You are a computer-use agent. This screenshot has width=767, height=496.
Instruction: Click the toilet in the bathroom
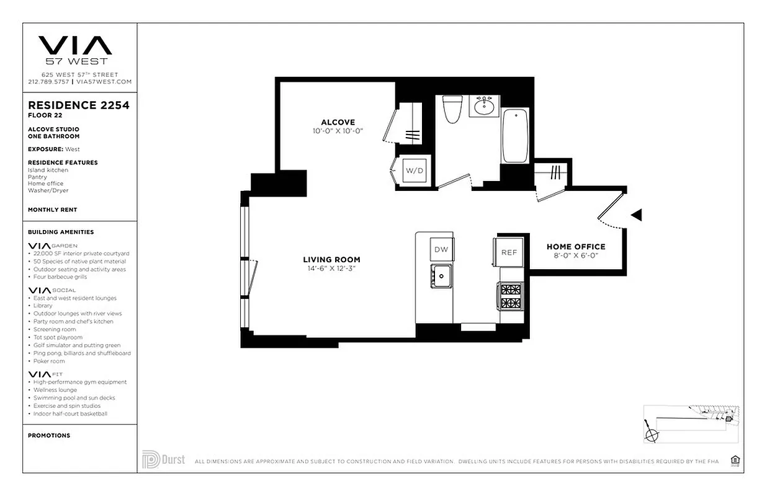[451, 110]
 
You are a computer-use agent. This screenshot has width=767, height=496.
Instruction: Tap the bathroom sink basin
[484, 107]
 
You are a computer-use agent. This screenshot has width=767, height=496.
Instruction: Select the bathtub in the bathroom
[515, 136]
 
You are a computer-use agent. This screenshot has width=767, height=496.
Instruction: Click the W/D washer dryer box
[414, 170]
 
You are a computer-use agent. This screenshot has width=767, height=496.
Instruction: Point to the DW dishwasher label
[441, 250]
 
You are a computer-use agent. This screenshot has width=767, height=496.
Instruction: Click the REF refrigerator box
[509, 252]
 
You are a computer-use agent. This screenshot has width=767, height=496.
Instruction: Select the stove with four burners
[511, 296]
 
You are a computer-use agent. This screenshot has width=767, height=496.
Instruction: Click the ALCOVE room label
[338, 122]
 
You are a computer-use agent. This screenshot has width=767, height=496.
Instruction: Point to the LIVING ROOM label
[331, 260]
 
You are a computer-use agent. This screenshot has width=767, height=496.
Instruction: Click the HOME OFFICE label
[576, 247]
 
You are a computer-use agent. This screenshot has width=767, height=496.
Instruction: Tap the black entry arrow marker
[636, 215]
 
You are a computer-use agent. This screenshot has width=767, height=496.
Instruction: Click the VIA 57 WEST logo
[75, 50]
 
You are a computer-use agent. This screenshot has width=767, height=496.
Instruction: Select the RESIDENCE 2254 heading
[79, 105]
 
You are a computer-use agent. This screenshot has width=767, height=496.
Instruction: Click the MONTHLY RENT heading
[53, 210]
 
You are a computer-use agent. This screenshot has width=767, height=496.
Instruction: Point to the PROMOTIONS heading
[49, 435]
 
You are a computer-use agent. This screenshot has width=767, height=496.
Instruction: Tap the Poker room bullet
[49, 361]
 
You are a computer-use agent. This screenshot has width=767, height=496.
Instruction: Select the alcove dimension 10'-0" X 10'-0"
[338, 131]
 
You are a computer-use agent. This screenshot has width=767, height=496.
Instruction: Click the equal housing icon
[735, 460]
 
